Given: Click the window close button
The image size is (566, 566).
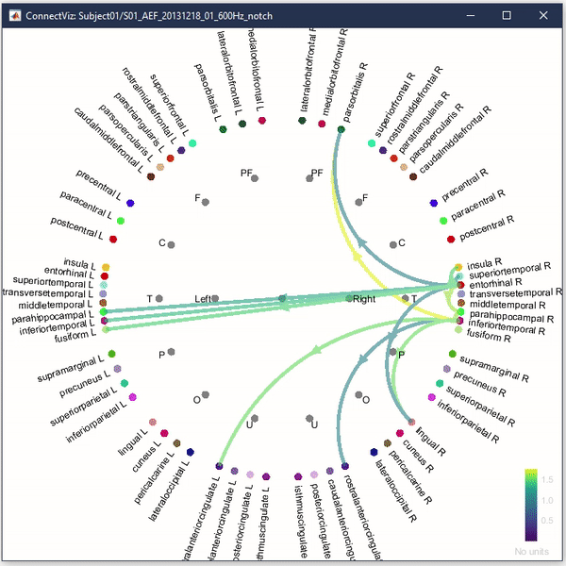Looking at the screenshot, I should coord(545,16).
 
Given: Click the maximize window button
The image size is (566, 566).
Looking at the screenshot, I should coord(507,16).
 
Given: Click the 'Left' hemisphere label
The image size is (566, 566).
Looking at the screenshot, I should coord(203,298).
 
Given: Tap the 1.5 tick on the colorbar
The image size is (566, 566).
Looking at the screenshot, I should coord(546,479).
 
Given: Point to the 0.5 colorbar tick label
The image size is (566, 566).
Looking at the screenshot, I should coord(546,520).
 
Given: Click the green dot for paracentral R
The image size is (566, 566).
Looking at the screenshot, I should coord(441,220).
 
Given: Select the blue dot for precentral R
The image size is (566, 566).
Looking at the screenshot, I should coord(433,202).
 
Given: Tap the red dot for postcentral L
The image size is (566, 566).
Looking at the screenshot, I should coord(112,238).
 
